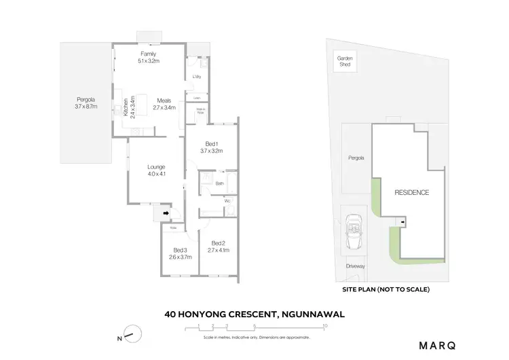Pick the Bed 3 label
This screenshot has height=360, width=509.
[180, 253]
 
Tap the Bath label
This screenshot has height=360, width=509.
[220, 183]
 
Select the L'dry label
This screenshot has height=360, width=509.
[197, 77]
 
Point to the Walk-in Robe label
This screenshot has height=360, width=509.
[201, 111]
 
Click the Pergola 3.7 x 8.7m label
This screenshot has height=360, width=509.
[86, 103]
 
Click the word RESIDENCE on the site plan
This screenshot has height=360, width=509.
[412, 193]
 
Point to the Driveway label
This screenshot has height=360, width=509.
[356, 266]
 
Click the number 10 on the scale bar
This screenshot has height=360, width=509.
[326, 327]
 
